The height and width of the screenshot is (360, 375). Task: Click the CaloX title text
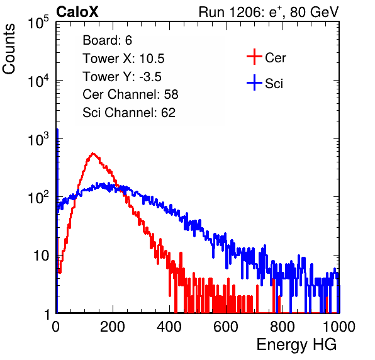point(77,12)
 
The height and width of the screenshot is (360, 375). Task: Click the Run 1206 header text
point(269,12)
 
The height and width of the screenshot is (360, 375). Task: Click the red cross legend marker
point(254,57)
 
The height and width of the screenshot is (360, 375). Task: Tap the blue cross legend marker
point(254,82)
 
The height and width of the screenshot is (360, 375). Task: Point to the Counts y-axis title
point(9,49)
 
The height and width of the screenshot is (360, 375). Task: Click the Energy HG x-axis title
point(296,345)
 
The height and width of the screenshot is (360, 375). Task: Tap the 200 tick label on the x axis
point(113,326)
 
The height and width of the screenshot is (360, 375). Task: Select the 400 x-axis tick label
point(169,326)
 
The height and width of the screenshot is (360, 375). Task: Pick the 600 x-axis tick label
point(226,326)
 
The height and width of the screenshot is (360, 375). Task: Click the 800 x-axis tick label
point(283,326)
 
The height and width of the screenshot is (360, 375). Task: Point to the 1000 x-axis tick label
point(339,326)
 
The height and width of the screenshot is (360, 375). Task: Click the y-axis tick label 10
point(41,256)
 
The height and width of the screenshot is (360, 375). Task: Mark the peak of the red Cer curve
point(93,154)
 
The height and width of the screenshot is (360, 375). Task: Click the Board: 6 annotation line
point(107,40)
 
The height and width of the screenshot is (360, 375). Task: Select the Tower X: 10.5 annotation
point(123,59)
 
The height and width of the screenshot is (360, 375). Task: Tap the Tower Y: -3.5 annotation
point(122,77)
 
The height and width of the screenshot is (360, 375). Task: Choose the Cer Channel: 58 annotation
point(130,94)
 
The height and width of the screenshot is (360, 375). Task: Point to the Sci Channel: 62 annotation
point(129,113)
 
